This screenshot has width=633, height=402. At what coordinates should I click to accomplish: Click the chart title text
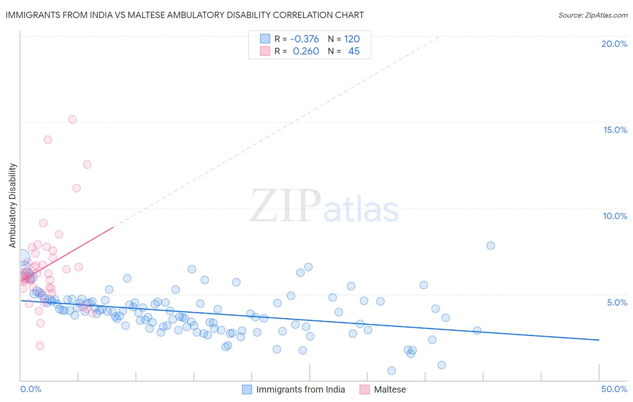coord(185,15)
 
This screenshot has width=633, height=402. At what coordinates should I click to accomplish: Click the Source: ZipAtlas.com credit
coord(592,15)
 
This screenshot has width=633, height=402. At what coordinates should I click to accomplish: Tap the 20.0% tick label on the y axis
coord(614,44)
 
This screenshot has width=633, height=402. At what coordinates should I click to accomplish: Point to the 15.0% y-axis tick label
coord(615,130)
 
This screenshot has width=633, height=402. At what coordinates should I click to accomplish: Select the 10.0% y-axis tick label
coord(615,216)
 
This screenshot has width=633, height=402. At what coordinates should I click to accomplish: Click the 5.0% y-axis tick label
coord(617,302)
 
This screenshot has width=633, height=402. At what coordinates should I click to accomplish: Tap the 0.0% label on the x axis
coord(31,389)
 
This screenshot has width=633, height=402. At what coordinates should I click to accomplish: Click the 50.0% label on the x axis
coord(614,389)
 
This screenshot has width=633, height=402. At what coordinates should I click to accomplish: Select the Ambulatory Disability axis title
coord(13,205)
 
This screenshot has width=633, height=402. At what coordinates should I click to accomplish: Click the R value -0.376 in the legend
coord(304,39)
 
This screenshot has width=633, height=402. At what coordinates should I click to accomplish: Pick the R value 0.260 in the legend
coord(306,51)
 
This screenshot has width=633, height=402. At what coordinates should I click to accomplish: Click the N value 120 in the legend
coord(352,39)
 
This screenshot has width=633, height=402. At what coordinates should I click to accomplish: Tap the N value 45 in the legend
coord(354,51)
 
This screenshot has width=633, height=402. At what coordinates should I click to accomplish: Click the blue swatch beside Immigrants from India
coord(247,389)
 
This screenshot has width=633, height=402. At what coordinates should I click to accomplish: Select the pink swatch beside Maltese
coord(365,389)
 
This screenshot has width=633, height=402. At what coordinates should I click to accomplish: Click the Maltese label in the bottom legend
coord(390,389)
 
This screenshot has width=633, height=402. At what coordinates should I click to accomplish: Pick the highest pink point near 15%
coord(72,119)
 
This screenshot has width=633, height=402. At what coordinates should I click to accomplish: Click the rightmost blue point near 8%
coord(491,246)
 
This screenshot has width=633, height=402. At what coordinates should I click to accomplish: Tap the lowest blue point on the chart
coord(392,370)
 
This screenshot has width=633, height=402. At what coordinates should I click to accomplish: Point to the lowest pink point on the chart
coord(40,346)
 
